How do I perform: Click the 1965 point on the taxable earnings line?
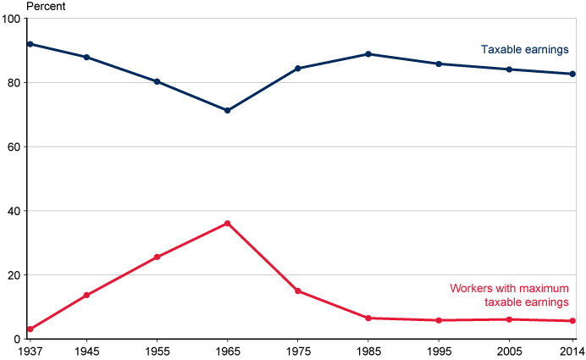[227, 110]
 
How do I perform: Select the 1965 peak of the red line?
[227, 223]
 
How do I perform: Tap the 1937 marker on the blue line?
[30, 44]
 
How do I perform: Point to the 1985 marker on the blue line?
[368, 54]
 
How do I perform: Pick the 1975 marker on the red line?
[298, 291]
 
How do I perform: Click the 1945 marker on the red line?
[86, 295]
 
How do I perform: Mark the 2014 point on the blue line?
[572, 74]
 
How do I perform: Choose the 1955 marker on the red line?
[157, 257]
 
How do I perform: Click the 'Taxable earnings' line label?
[524, 50]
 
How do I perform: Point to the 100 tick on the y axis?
[13, 19]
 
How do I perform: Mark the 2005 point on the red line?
[509, 319]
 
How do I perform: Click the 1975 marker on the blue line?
[298, 69]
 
